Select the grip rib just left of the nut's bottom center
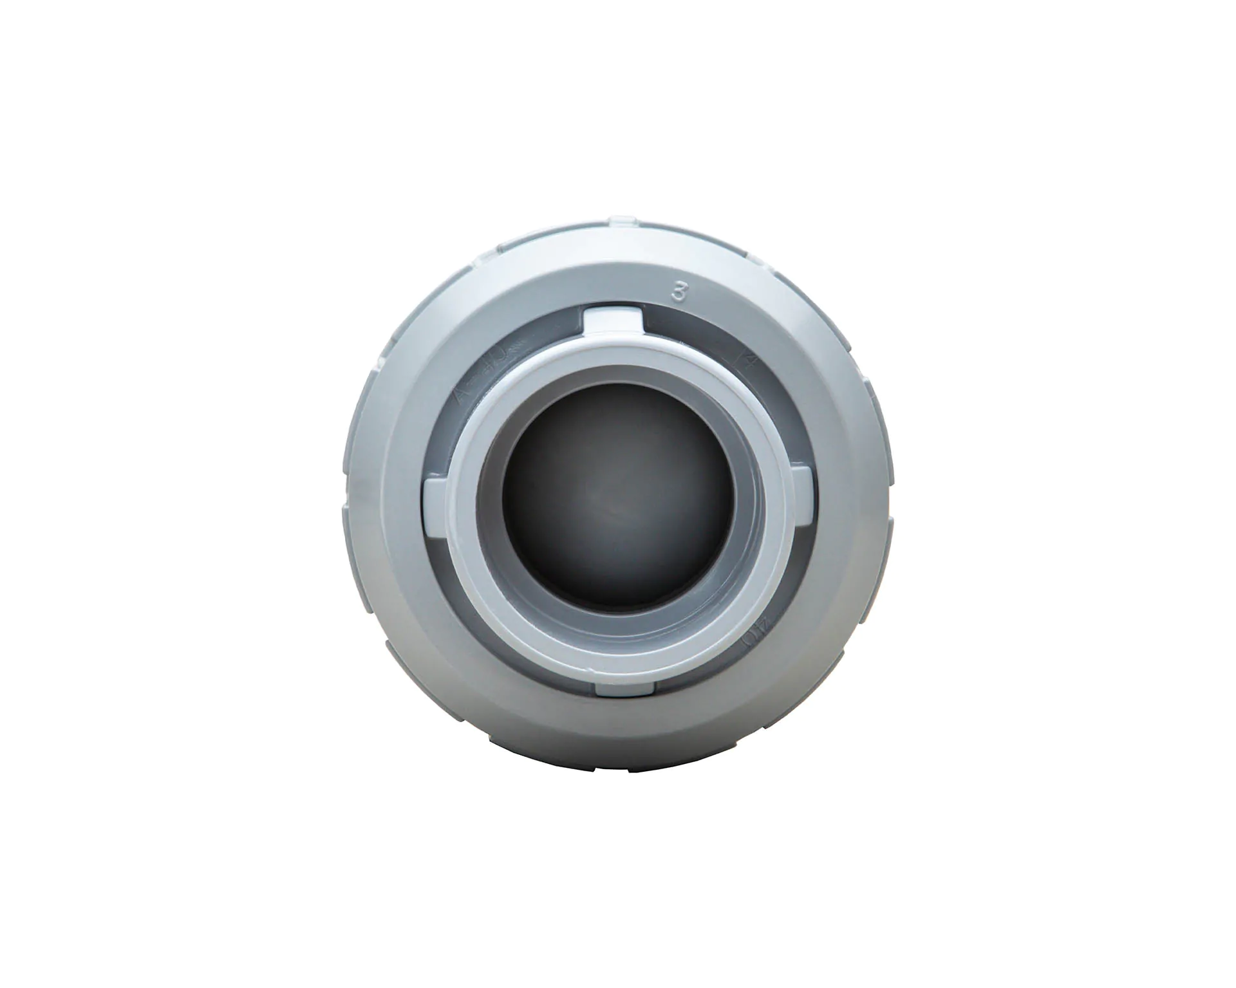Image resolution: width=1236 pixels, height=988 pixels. coord(566,769)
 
